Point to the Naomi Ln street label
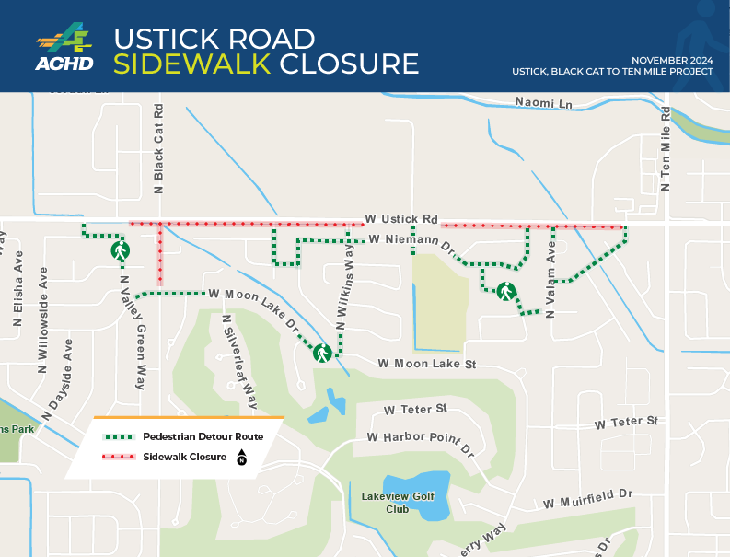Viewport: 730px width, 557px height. [543, 103]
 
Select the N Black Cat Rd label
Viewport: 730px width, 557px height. [159, 148]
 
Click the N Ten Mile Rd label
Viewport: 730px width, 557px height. [666, 147]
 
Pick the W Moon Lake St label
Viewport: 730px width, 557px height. [426, 365]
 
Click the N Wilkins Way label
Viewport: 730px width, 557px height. [345, 294]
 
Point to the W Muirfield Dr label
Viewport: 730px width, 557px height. [588, 499]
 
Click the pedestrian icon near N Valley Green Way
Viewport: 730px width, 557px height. [119, 249]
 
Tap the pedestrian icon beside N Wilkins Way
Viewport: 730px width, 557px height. [322, 352]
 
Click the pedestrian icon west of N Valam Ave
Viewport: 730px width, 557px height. [505, 292]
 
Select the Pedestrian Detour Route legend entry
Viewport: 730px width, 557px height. [203, 436]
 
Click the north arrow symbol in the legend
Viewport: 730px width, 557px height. [241, 457]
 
